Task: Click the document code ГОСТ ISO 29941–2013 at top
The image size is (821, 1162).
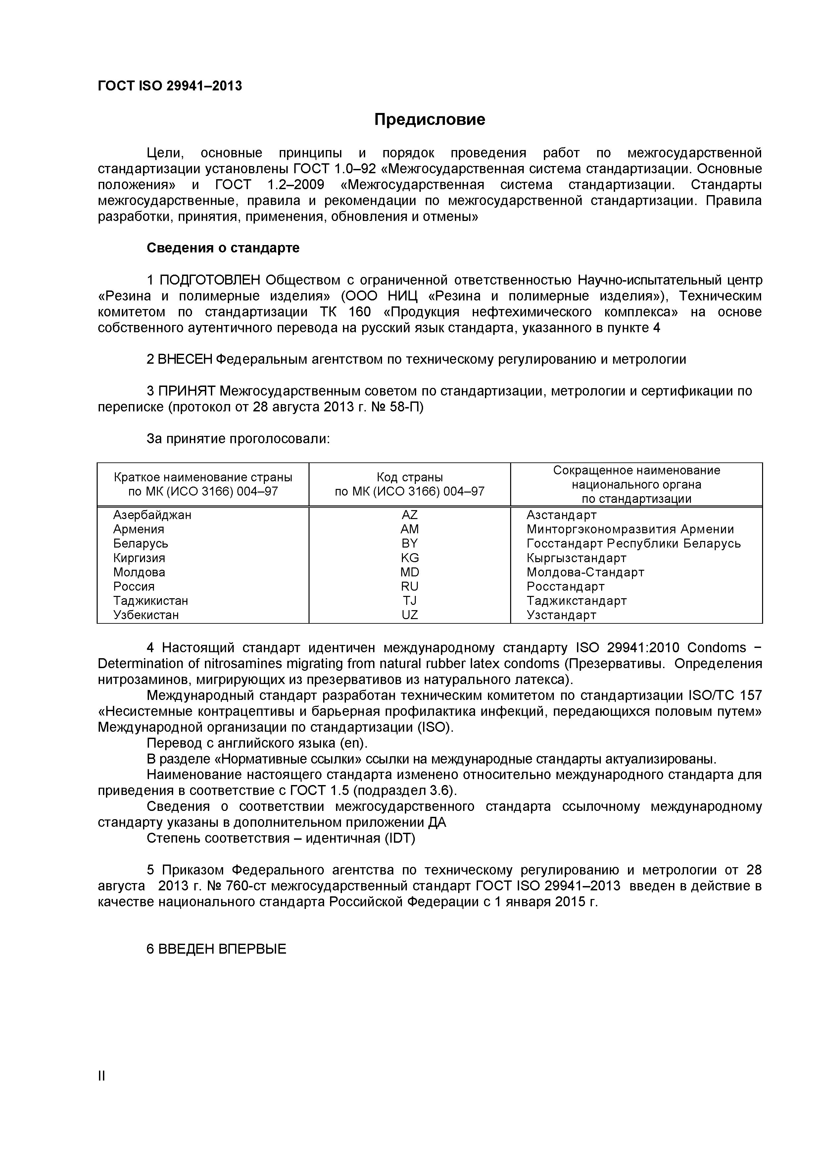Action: pyautogui.click(x=169, y=86)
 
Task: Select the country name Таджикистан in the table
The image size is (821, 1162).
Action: pyautogui.click(x=150, y=601)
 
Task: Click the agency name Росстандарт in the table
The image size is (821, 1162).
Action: pyautogui.click(x=565, y=587)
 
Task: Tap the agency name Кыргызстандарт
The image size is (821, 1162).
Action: pyautogui.click(x=576, y=558)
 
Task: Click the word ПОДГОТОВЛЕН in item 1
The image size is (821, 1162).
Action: pyautogui.click(x=210, y=280)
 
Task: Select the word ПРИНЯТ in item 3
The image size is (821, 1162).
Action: pyautogui.click(x=187, y=391)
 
